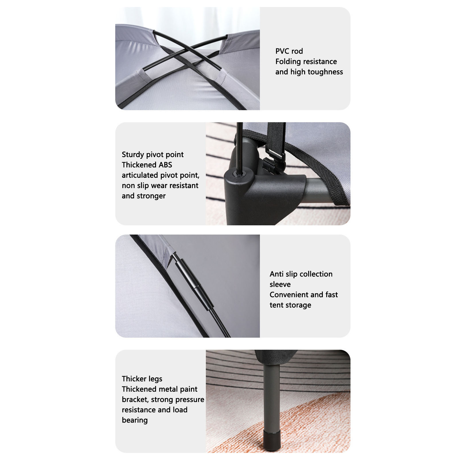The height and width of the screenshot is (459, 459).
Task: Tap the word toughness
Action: (325, 72)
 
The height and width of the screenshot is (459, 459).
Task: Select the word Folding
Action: (288, 62)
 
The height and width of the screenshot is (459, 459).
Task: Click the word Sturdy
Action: (133, 155)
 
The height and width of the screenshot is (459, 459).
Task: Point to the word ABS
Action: (166, 165)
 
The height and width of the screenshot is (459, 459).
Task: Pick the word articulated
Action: (140, 175)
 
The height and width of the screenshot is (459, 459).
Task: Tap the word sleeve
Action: (280, 285)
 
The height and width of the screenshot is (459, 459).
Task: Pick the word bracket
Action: (134, 400)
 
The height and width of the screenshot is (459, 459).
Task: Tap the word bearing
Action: (135, 420)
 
